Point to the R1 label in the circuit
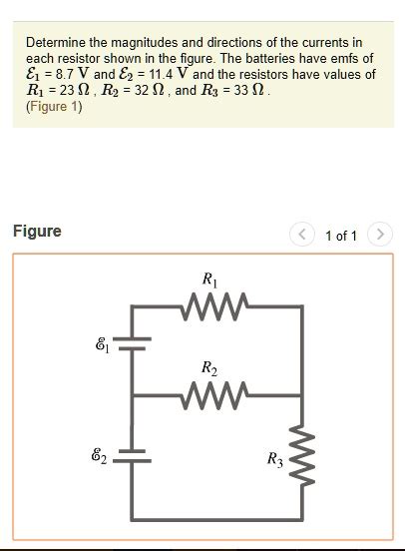click(x=208, y=279)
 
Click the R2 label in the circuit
click(x=208, y=368)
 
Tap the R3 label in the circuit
click(x=274, y=459)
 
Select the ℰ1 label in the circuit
click(x=102, y=345)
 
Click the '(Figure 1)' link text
click(x=54, y=107)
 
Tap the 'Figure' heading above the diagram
click(x=37, y=232)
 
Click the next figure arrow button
click(x=379, y=235)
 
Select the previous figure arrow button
click(x=302, y=235)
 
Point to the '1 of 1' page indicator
click(x=340, y=236)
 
